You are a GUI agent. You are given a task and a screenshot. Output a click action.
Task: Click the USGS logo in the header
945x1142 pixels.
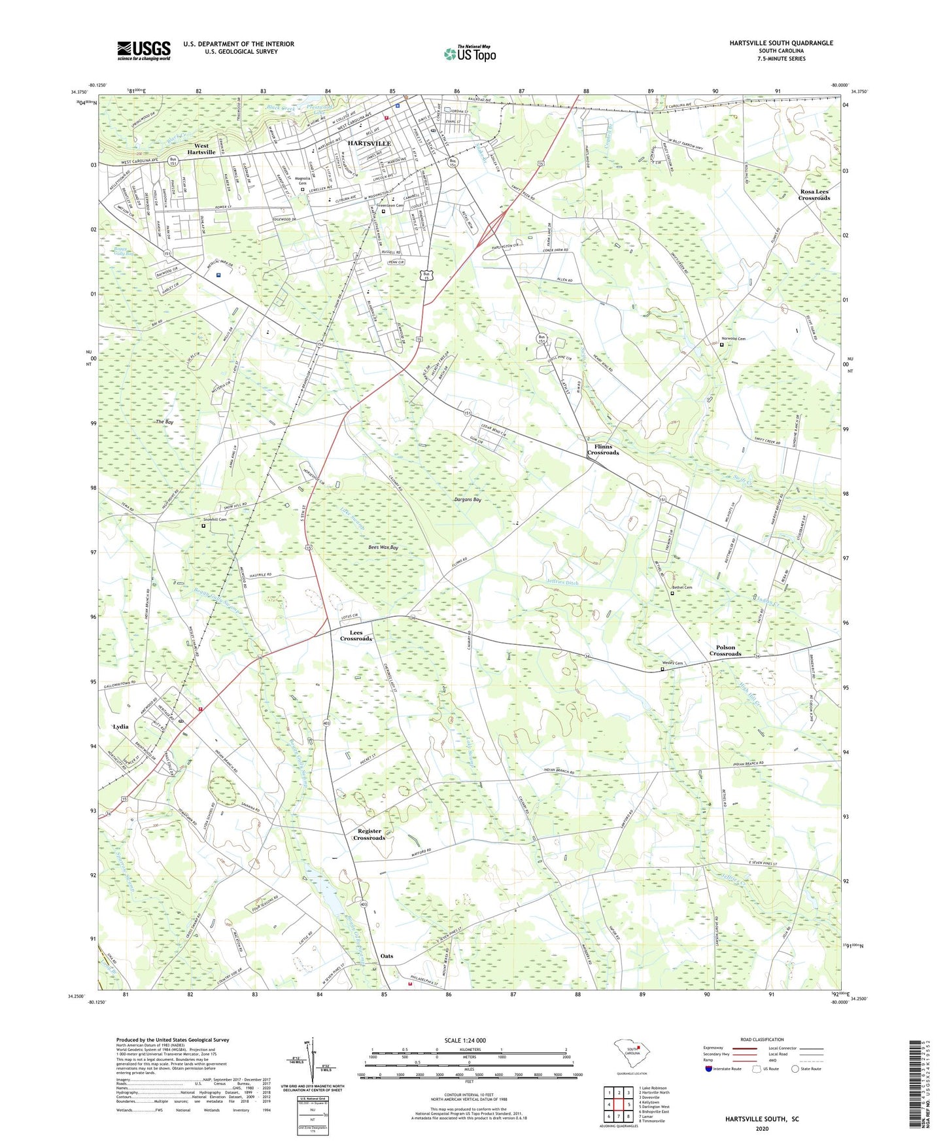[143, 50]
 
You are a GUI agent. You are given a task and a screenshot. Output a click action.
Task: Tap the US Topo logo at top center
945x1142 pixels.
[470, 54]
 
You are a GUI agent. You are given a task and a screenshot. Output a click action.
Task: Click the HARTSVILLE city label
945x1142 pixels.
[369, 143]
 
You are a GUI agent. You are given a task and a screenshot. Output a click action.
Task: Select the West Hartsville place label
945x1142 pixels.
[201, 149]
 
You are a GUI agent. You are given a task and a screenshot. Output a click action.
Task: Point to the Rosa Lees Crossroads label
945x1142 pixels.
[814, 194]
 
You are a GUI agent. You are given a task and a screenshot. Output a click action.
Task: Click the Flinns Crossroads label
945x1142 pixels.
[602, 449]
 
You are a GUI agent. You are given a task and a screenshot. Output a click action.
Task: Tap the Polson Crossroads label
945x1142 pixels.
[725, 650]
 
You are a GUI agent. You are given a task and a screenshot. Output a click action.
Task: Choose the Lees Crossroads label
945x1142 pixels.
[355, 635]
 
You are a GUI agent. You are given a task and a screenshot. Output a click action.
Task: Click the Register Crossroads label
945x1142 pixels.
[369, 834]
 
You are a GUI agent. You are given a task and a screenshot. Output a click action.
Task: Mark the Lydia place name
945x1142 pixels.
[121, 726]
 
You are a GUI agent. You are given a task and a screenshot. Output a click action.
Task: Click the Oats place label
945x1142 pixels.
[387, 956]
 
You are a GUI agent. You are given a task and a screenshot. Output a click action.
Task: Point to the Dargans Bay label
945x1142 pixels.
[468, 499]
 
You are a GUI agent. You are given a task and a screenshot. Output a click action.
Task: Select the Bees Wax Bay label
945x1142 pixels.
[383, 547]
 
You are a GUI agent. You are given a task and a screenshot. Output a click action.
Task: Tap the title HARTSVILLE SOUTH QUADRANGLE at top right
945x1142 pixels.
[781, 43]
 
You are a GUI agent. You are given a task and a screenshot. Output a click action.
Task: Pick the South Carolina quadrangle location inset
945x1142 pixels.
[630, 1054]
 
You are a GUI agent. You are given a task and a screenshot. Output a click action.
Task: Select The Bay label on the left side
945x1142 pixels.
[165, 422]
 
